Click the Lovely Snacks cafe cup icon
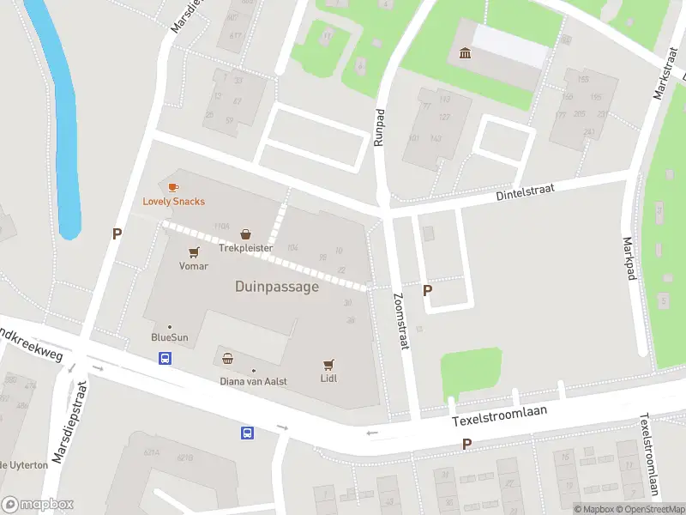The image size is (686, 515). [x=173, y=187]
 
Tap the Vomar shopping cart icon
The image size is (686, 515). [x=194, y=252]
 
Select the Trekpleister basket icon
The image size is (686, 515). [x=246, y=233]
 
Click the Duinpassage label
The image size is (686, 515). [x=276, y=287]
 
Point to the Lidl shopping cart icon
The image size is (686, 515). [x=328, y=364]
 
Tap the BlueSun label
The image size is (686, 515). [x=169, y=337]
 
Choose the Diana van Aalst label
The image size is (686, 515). [x=253, y=381]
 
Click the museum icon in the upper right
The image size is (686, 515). [x=466, y=54]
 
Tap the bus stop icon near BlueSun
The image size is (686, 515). [x=164, y=358]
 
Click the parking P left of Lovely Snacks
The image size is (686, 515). [x=117, y=233]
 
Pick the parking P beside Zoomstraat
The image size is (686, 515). [x=427, y=291]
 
